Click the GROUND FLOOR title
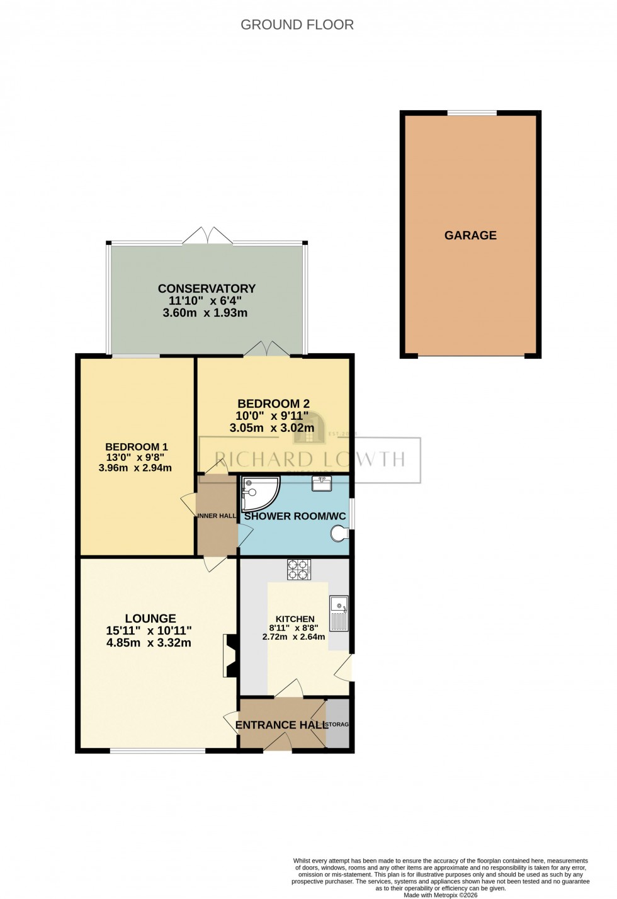(297, 25)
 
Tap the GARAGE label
(470, 235)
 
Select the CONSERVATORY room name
(207, 288)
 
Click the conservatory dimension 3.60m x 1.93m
(205, 313)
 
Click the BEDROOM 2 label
(273, 404)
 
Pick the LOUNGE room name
(150, 618)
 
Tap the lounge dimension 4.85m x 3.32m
(149, 643)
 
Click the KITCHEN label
(295, 619)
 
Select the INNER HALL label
(217, 516)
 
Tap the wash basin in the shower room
(322, 483)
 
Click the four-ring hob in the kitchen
(299, 569)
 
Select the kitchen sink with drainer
(339, 613)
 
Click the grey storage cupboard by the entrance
(338, 724)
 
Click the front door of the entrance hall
(278, 746)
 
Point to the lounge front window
(157, 750)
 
